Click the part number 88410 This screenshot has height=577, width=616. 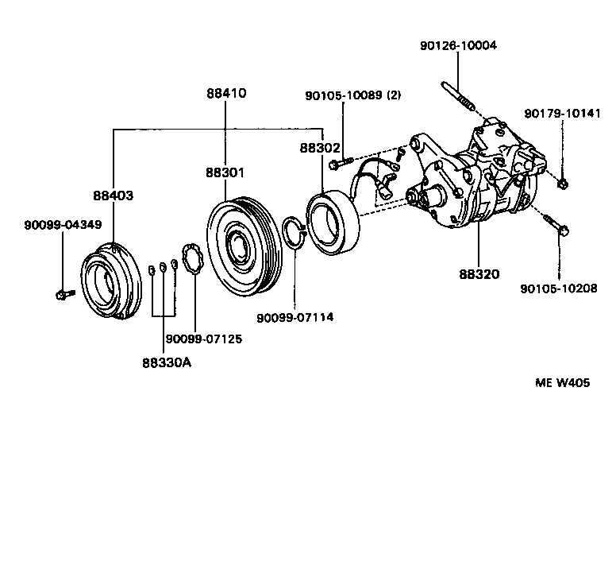pos(226,93)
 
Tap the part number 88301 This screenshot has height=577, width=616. pos(226,172)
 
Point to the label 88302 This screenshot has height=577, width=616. pos(320,148)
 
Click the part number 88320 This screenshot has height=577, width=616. pos(479,275)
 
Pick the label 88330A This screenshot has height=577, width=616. pos(167,362)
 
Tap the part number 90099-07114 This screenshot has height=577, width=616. pos(295,317)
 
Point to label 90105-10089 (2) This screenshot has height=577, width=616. pos(353,95)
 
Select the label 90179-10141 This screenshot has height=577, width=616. pos(563,114)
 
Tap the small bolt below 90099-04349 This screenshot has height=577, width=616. pos(63,296)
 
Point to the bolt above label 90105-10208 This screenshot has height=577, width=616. pos(556,227)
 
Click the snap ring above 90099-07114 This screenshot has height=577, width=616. pos(293,234)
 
